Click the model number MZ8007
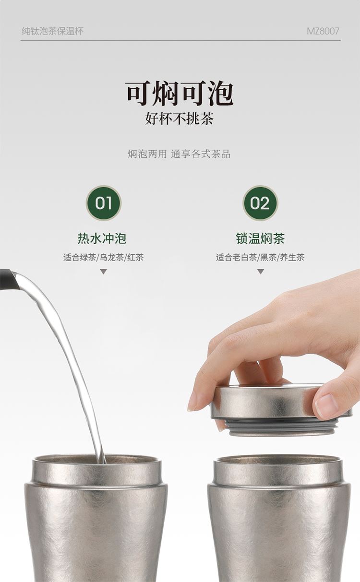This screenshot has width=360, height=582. pyautogui.click(x=323, y=31)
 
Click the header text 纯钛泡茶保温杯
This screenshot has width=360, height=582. pyautogui.click(x=52, y=31)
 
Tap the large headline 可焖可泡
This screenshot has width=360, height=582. pyautogui.click(x=180, y=94)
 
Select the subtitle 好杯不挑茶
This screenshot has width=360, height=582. pyautogui.click(x=180, y=119)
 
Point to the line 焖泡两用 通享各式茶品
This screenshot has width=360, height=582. pyautogui.click(x=179, y=154)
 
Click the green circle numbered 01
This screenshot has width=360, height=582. pyautogui.click(x=104, y=203)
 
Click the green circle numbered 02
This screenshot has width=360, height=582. pyautogui.click(x=260, y=203)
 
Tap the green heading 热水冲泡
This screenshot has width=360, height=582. pyautogui.click(x=102, y=238)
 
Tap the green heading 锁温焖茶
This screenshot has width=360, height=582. pyautogui.click(x=260, y=238)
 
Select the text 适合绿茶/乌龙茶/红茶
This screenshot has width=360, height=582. pyautogui.click(x=104, y=258)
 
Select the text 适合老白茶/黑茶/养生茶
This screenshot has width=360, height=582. pyautogui.click(x=260, y=258)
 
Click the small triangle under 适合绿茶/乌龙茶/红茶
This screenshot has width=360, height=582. pyautogui.click(x=104, y=272)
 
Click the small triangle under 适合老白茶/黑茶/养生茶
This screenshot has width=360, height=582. pyautogui.click(x=261, y=272)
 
